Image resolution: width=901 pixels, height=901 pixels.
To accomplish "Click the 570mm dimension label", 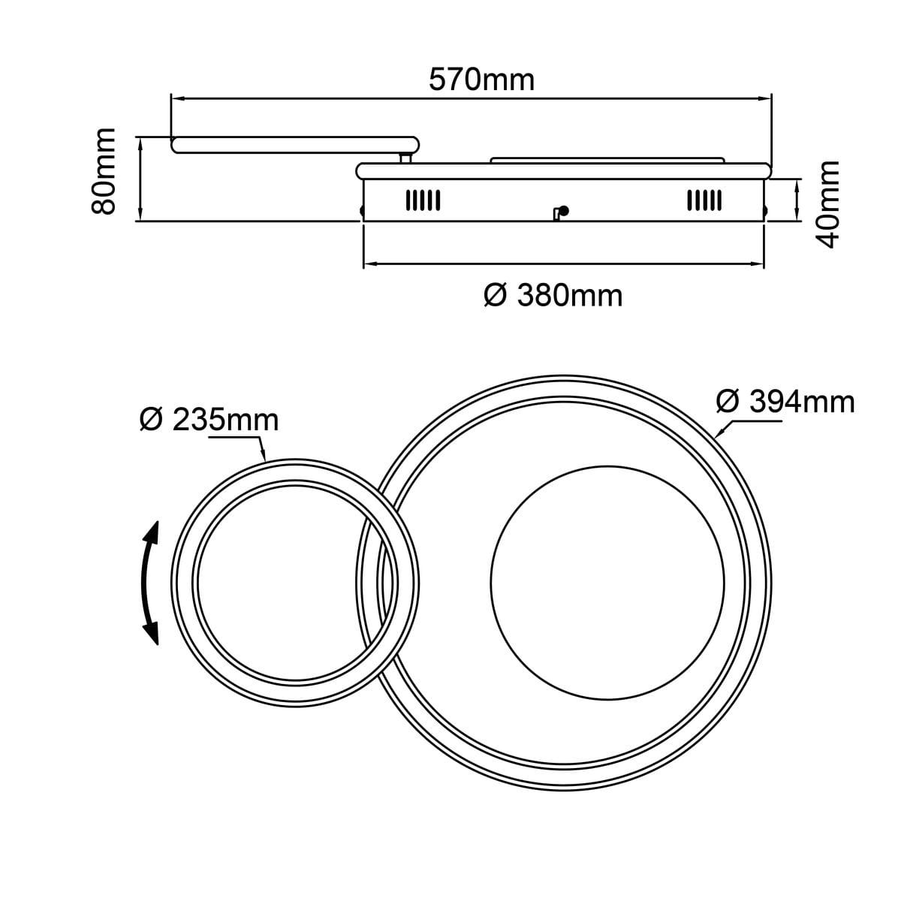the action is coord(481,80).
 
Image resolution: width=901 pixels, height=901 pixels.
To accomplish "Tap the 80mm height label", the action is coord(104,171).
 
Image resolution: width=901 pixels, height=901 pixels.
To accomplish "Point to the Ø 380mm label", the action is coord(553,296).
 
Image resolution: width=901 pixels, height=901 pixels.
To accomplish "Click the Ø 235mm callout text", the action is coord(209,420).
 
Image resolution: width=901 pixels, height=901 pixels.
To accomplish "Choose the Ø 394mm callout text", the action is coord(785,402).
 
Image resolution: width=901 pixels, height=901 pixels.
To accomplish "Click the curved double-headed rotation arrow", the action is coord(150,583).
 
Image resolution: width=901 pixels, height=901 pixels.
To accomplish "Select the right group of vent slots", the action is coord(704,200).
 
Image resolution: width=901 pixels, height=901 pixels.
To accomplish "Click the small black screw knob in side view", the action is coord(564,211).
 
